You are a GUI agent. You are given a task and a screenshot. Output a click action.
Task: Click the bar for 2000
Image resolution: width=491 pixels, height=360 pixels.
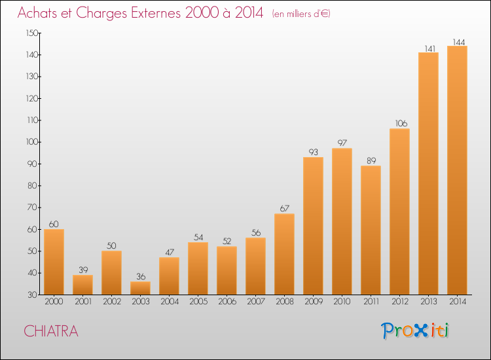pos(54,262)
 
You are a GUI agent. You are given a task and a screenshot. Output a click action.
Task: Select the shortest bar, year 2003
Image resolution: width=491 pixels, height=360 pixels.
pos(140,288)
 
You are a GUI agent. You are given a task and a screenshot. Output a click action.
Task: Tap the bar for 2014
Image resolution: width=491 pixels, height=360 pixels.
pos(457,170)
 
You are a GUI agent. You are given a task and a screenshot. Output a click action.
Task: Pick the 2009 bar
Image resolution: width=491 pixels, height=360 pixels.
pos(313,226)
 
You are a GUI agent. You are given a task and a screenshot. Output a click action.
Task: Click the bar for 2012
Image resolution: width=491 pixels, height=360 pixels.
pos(399,211)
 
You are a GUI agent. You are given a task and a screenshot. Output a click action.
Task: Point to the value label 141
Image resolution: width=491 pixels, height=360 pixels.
pos(430,49)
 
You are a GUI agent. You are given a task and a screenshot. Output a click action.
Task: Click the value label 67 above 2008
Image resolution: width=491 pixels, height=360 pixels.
pos(285,209)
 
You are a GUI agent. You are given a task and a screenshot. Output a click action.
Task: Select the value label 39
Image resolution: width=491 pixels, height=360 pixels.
pos(83,270)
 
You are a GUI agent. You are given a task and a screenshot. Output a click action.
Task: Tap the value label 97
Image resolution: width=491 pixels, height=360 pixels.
pos(342,143)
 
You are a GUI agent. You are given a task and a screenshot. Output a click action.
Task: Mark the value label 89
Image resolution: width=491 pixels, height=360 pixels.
pos(371,160)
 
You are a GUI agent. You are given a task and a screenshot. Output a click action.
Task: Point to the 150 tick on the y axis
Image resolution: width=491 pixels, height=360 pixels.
pos(32,33)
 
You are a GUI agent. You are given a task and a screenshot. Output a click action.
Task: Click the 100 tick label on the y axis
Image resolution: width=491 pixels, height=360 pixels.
pos(32,142)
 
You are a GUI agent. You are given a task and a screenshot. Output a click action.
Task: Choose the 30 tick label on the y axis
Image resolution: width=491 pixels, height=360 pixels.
pos(33,295)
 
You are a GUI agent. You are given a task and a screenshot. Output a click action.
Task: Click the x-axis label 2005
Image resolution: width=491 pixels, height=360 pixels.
pos(198,302)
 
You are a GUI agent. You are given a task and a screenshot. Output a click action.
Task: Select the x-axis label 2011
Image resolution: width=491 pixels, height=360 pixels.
pos(371,302)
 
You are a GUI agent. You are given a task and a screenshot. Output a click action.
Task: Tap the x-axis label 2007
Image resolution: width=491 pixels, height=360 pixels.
pos(256,302)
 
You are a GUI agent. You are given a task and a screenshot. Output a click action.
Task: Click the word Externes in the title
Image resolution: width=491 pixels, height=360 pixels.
pos(156,12)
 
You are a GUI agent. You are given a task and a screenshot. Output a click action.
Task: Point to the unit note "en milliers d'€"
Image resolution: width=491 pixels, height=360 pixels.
pos(301,14)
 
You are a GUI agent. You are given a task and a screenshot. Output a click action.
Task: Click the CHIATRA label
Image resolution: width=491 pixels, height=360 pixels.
pos(51,331)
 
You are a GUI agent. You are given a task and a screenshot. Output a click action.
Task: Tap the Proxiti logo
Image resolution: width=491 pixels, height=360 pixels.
pos(415,331)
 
